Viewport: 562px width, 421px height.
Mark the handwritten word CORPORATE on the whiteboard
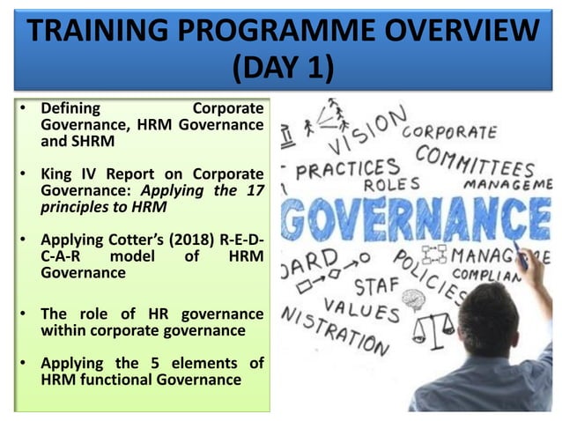point(449,132)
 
